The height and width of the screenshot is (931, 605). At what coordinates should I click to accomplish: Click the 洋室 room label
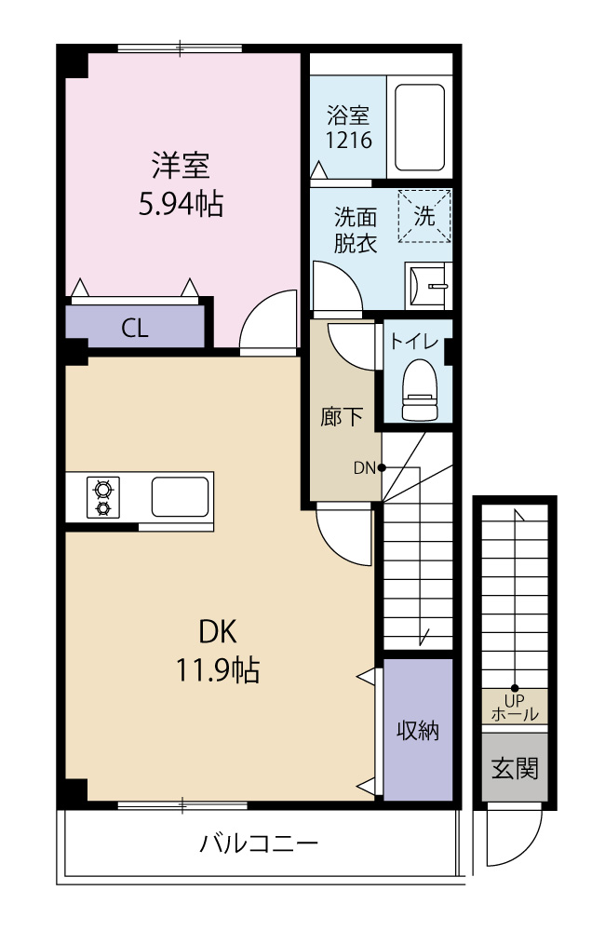181,166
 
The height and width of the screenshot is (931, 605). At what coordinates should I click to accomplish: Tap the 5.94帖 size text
181,204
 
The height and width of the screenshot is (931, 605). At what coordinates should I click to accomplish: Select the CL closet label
135,328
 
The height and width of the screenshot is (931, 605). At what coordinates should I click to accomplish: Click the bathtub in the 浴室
420,127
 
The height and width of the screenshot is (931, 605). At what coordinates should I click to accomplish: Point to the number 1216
349,141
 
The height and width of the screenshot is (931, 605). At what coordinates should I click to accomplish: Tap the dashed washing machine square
424,216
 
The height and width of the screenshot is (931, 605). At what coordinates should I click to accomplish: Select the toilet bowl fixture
420,389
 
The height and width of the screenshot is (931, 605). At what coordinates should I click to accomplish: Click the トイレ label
414,341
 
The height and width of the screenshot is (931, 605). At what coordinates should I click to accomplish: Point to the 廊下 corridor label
342,417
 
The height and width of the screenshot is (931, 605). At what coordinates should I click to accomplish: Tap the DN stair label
365,468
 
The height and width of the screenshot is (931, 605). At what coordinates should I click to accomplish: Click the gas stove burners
103,497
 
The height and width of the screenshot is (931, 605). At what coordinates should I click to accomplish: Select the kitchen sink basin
180,497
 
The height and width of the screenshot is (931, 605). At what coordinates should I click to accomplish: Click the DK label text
218,632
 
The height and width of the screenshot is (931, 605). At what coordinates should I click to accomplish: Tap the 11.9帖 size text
217,670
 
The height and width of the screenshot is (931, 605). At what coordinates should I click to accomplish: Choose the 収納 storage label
418,730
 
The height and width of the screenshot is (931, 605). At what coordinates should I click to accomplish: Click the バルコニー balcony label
258,843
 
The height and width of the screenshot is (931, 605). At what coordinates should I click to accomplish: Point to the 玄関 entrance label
514,769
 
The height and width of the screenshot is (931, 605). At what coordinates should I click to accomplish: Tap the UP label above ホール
514,701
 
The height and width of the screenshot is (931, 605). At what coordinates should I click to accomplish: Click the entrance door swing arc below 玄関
530,849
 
